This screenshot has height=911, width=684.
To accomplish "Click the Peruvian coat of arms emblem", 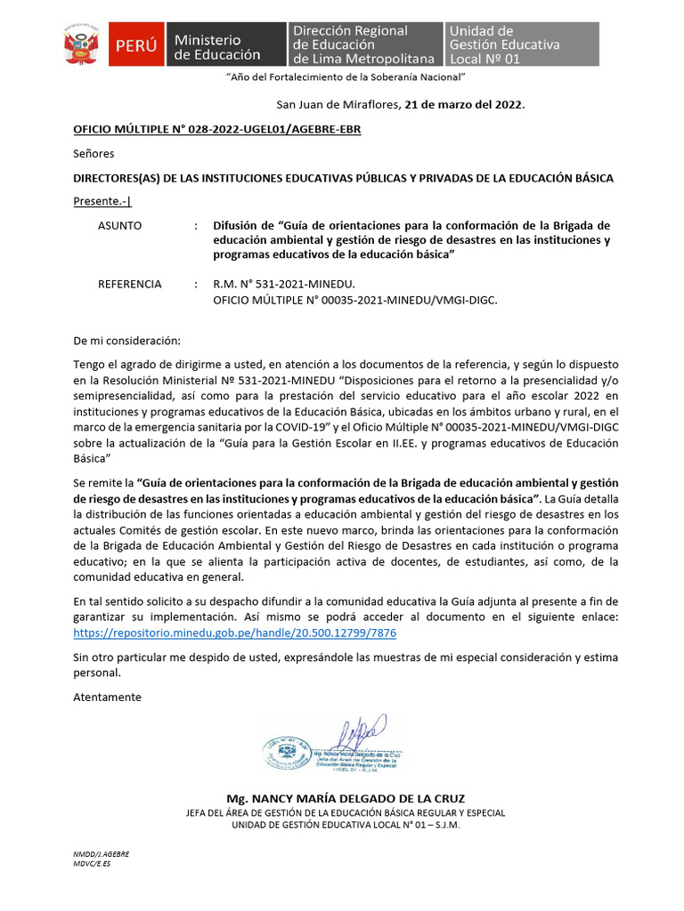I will (x=85, y=44).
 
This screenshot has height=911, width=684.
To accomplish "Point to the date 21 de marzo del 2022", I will (x=464, y=105).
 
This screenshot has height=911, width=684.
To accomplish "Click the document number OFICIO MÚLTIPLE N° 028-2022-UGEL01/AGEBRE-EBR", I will (x=216, y=129).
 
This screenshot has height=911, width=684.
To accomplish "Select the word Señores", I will (x=94, y=154).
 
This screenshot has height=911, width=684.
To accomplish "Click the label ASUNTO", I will (x=119, y=226).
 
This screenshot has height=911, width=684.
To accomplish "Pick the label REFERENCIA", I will (x=129, y=285).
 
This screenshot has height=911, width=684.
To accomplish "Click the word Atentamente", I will (x=107, y=697).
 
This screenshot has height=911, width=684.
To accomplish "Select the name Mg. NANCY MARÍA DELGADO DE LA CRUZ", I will (x=346, y=798).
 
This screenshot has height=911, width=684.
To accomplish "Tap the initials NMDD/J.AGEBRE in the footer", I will (x=101, y=853).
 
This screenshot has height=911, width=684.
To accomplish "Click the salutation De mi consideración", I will (x=126, y=341).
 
